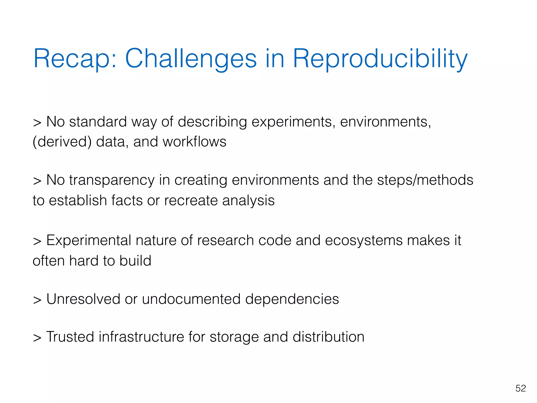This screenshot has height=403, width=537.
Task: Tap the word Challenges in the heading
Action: (x=191, y=59)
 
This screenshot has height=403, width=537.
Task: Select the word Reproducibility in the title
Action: (x=380, y=59)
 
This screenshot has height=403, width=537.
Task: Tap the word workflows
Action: (x=194, y=142)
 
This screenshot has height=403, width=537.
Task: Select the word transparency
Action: (x=112, y=181)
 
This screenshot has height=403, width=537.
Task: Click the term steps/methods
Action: (x=425, y=181)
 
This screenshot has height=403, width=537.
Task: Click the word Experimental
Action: (x=89, y=241)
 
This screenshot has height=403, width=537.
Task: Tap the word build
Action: (x=135, y=261)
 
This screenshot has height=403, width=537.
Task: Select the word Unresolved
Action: (x=83, y=299)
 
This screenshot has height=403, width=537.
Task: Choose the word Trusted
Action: (x=70, y=337)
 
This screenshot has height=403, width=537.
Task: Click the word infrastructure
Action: (x=141, y=337)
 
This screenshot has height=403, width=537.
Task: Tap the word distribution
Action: (x=328, y=337)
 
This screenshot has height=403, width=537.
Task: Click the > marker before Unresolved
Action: (x=37, y=300)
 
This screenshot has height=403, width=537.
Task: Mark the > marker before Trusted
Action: (x=37, y=338)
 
